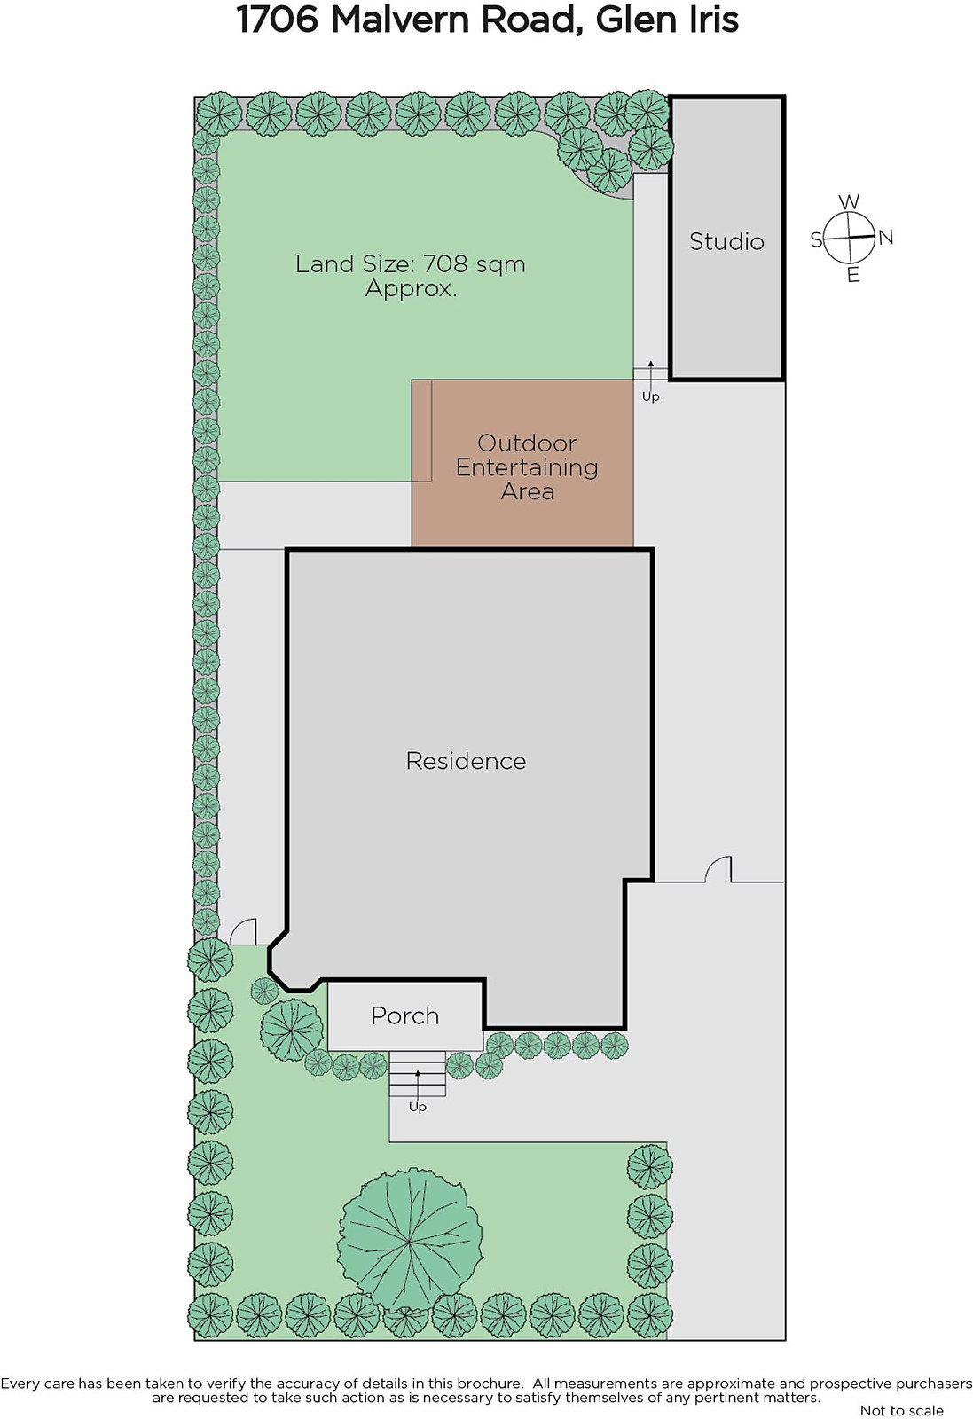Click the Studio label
click(x=726, y=241)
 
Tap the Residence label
click(x=466, y=761)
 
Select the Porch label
click(x=404, y=1016)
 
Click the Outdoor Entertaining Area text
click(x=527, y=466)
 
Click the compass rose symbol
click(x=850, y=238)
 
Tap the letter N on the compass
click(x=885, y=238)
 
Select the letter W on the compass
click(x=850, y=202)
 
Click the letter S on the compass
click(x=817, y=240)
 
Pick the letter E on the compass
click(x=853, y=275)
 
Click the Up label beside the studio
click(x=650, y=396)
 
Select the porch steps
click(x=418, y=1073)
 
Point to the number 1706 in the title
click(x=278, y=20)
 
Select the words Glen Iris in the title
click(x=667, y=20)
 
